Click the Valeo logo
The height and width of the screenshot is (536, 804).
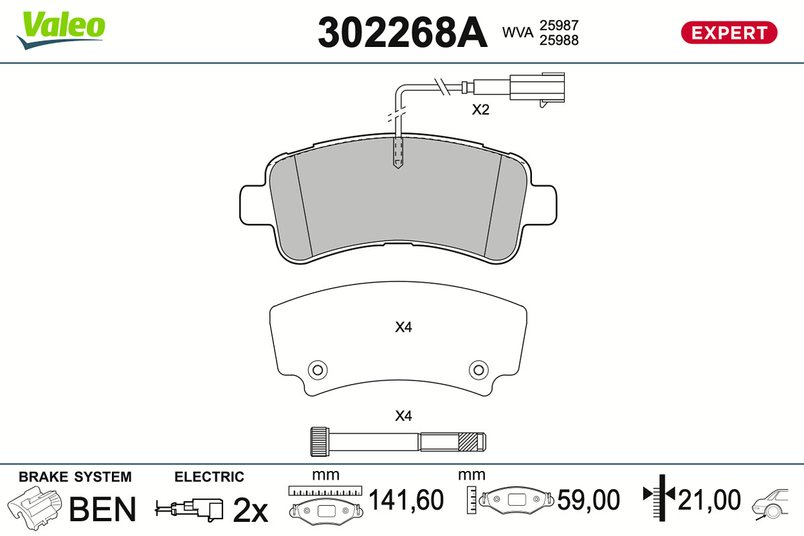61,30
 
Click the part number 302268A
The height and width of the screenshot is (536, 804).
403,32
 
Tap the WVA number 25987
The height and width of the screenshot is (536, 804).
559,25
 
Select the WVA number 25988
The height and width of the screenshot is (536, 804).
559,40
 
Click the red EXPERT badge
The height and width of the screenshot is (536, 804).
729,33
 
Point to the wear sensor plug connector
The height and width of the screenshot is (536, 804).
537,88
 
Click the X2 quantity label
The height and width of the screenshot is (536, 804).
480,109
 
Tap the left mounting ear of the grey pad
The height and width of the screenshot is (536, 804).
254,205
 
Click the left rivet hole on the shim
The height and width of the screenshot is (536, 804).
318,370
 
